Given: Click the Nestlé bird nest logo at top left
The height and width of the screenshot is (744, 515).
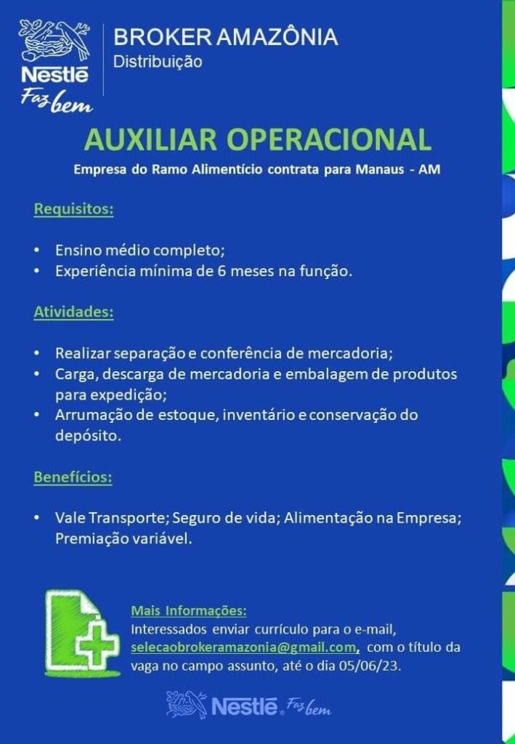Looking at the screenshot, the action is [x=54, y=52].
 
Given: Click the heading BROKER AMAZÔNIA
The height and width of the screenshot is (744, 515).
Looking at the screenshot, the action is [x=226, y=37].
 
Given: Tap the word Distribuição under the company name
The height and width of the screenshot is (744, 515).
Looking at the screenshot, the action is [x=158, y=62].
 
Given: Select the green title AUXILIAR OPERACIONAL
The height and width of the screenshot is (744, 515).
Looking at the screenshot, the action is [x=257, y=139].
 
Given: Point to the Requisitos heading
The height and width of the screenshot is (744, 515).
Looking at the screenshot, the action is [x=73, y=209].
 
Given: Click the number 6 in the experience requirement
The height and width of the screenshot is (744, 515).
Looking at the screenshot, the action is [x=222, y=272].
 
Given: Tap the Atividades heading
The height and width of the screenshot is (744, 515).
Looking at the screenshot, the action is [x=73, y=312].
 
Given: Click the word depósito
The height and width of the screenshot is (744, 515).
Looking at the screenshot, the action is [x=88, y=436].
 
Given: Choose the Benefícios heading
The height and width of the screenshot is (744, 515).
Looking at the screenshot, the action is [x=73, y=477].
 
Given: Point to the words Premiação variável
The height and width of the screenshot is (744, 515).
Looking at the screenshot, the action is [x=123, y=539].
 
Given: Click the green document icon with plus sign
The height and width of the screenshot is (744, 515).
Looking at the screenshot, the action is [x=81, y=632].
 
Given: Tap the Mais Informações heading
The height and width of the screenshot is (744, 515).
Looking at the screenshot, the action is [x=189, y=610].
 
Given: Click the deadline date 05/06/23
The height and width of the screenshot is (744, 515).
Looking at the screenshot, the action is [x=370, y=666].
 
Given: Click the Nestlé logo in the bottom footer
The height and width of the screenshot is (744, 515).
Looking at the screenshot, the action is [x=248, y=705].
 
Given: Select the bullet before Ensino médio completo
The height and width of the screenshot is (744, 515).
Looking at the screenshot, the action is [x=36, y=250].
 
